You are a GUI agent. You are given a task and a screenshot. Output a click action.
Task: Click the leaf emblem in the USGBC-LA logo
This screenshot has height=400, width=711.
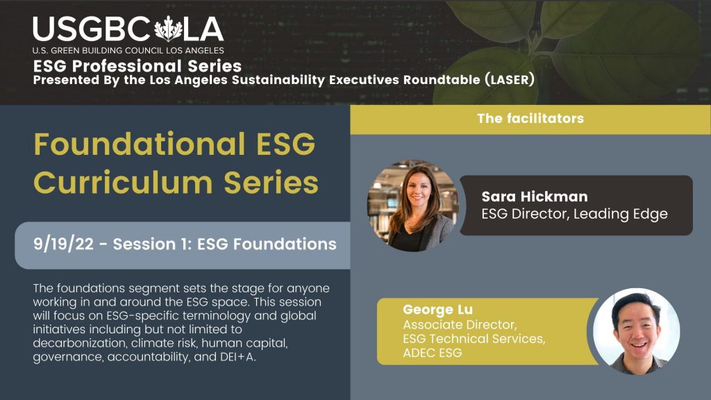pos(167,30)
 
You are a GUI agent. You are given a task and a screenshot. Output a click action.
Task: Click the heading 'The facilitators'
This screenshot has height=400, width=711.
pos(530,119)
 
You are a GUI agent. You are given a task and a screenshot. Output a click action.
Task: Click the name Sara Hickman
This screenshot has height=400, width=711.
pos(534,197)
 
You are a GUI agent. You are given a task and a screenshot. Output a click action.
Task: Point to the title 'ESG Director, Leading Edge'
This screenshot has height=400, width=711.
pos(574,214)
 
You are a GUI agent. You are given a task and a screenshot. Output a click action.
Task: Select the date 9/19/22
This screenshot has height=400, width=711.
pos(66,244)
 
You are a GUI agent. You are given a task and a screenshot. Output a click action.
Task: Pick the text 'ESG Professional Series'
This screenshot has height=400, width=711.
pos(137,67)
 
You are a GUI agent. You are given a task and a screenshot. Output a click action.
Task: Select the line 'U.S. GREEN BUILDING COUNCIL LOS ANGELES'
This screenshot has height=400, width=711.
pos(127,51)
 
